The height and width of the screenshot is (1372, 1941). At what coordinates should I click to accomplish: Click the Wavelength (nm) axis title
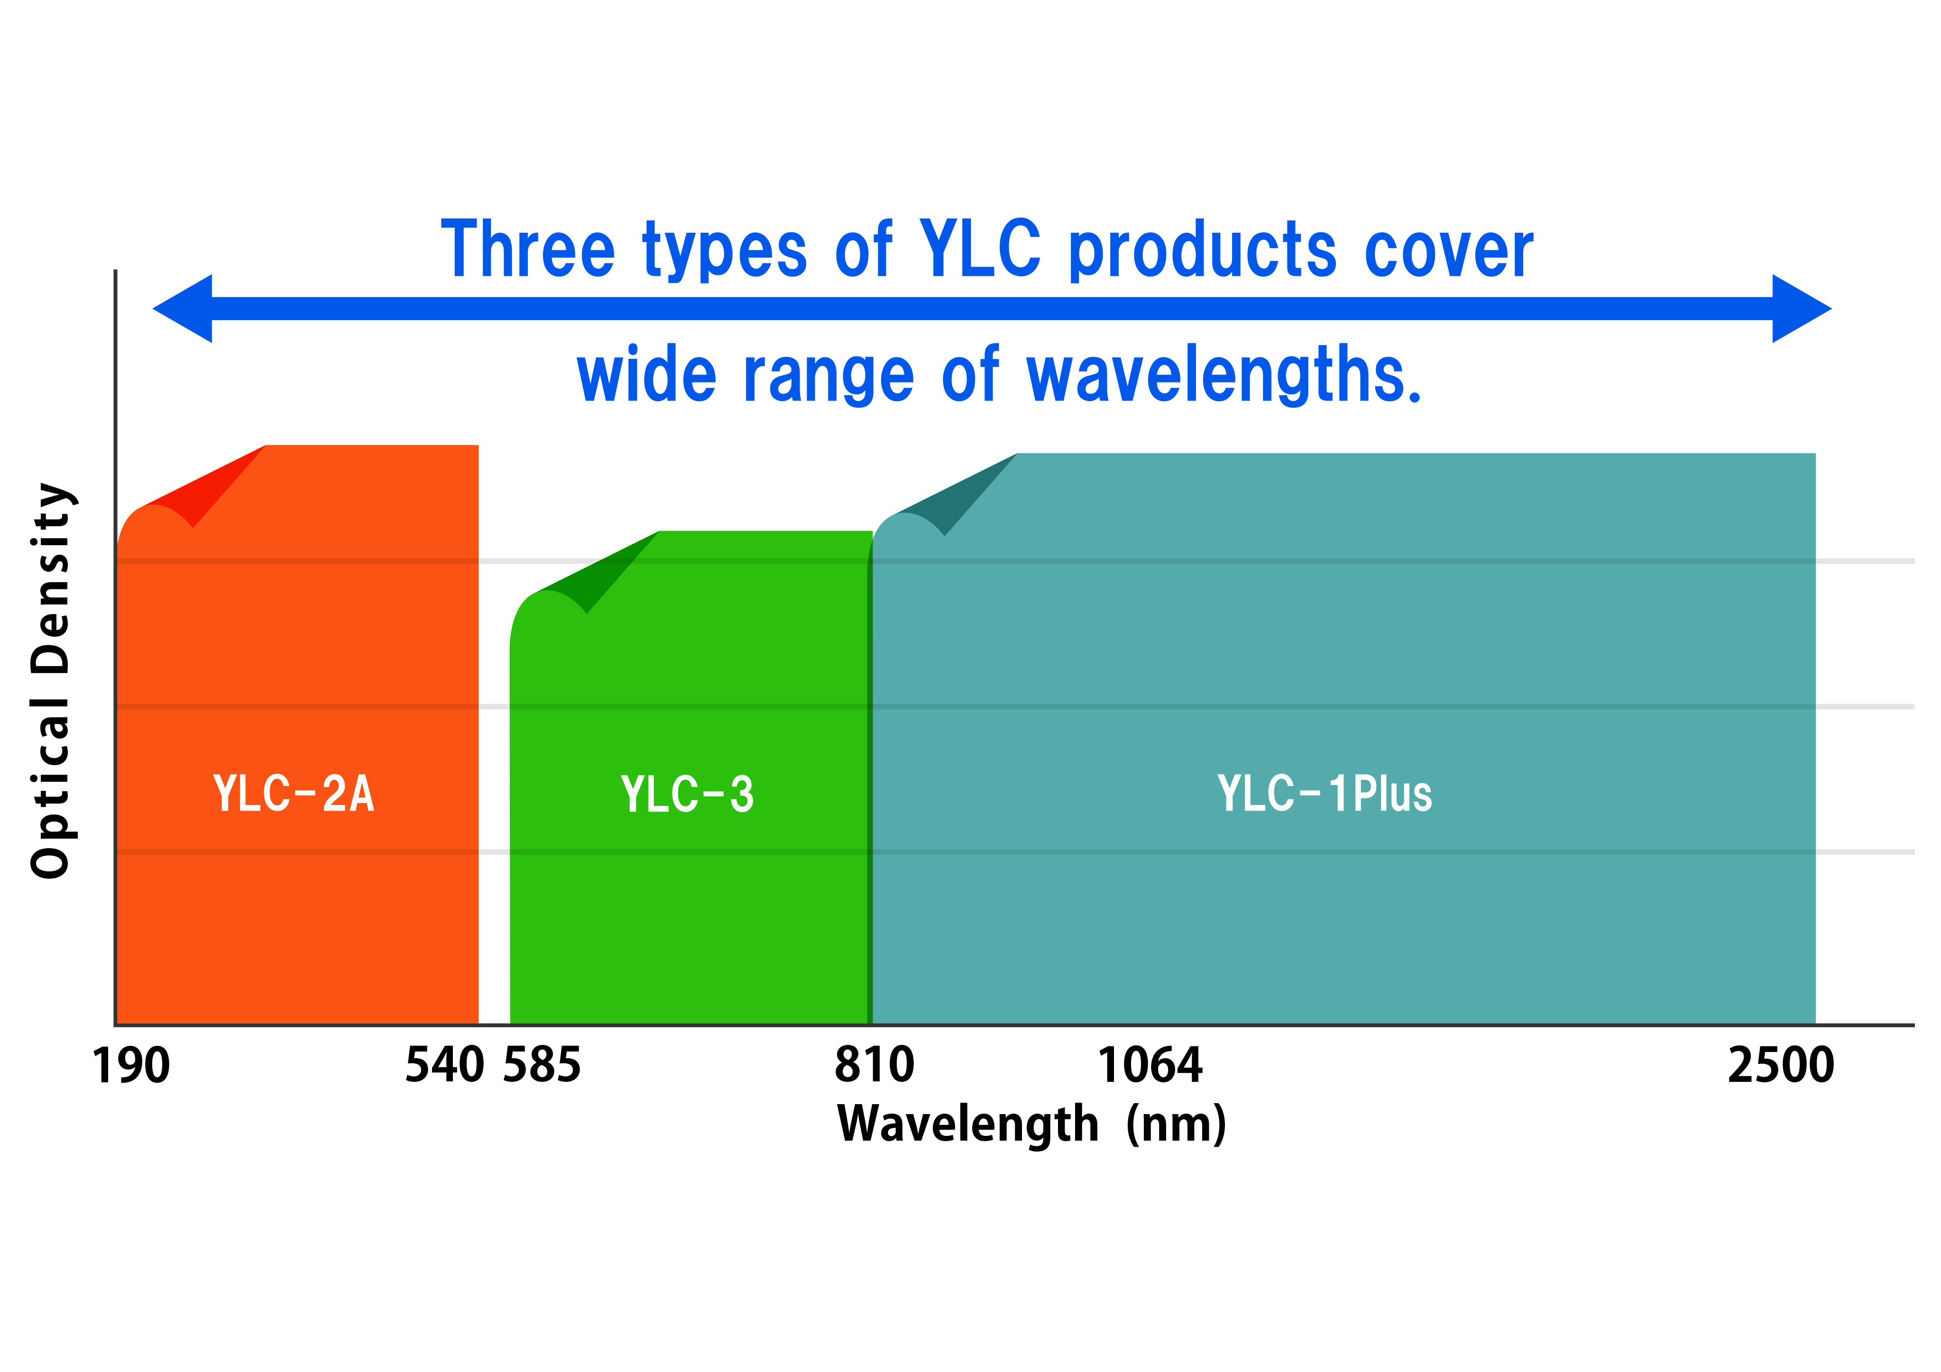[1031, 1125]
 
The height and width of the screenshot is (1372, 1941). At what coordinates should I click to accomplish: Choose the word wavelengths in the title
[1223, 375]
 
